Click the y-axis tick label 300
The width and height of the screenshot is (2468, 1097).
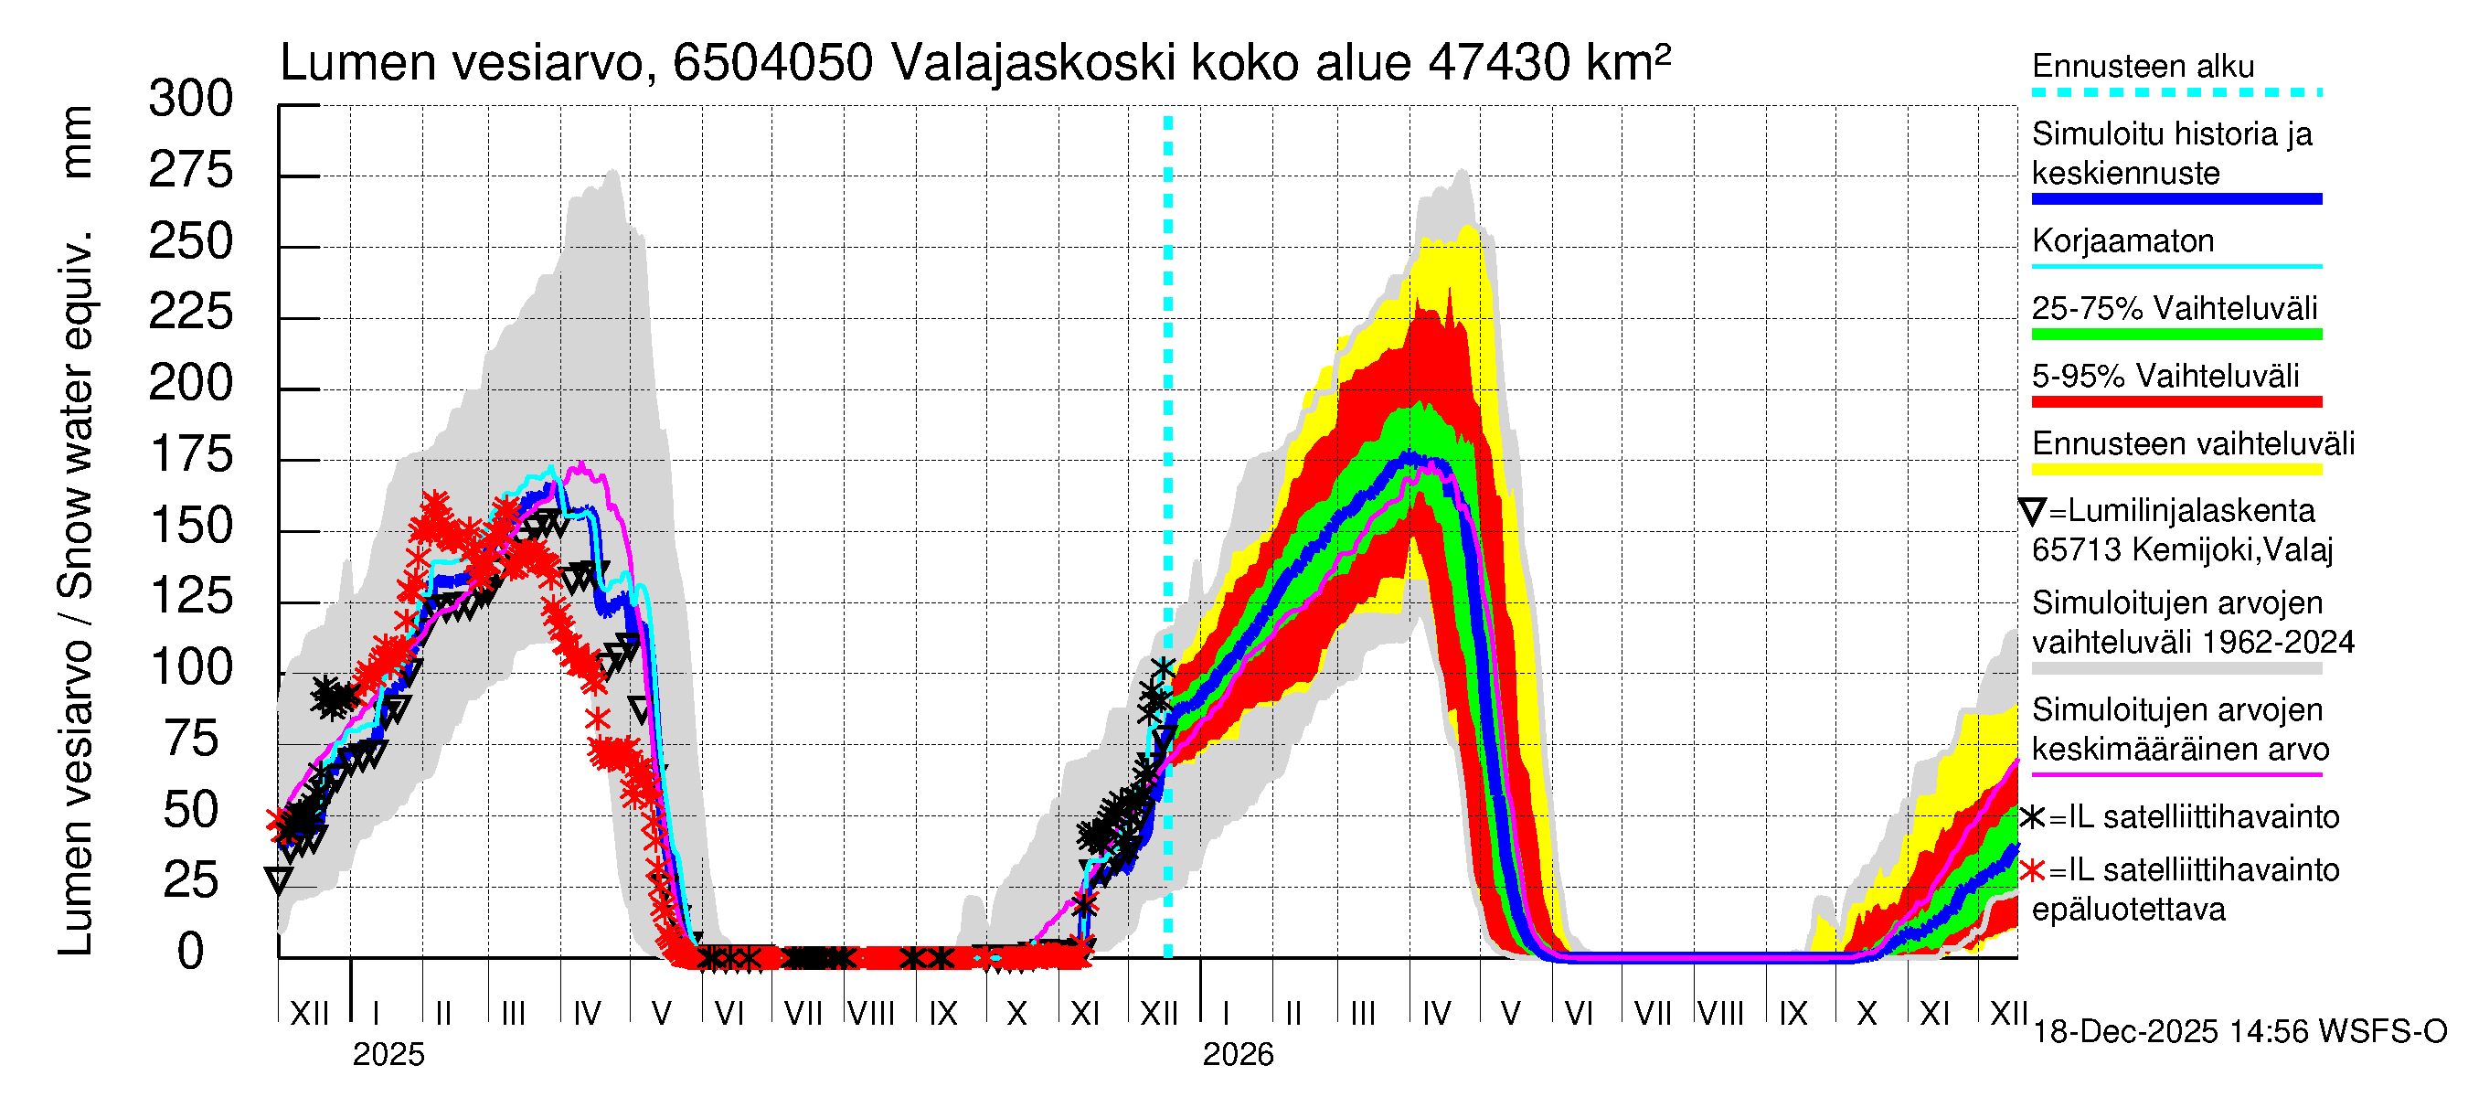point(191,100)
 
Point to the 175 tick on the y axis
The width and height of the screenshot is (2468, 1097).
point(191,455)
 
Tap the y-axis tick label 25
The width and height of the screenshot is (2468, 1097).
point(191,881)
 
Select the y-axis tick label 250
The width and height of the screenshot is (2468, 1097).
point(191,241)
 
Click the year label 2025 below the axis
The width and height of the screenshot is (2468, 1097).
point(388,1055)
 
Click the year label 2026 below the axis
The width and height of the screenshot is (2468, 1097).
point(1238,1055)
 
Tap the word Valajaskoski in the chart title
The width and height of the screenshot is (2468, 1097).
point(1034,63)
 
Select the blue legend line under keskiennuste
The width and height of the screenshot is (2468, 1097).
point(2175,199)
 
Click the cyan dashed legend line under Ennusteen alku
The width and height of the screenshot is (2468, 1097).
point(2175,93)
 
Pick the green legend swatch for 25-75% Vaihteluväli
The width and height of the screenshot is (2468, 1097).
point(2175,335)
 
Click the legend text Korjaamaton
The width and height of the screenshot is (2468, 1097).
point(2122,241)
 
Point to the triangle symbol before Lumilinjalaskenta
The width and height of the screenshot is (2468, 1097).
point(2032,512)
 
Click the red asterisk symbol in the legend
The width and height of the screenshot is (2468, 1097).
point(2031,871)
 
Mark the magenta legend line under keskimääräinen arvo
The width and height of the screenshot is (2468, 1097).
point(2175,774)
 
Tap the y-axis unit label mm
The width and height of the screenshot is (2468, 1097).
point(77,142)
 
